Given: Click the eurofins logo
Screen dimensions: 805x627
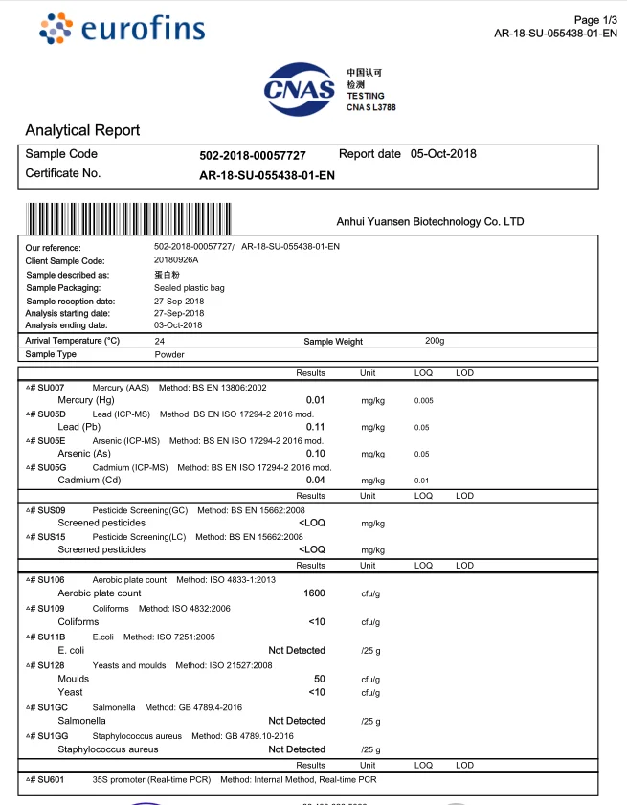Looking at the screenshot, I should pos(122,28).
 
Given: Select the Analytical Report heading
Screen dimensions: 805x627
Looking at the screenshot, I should pos(82,130).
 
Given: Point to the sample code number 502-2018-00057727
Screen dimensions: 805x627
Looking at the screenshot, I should pos(253,155).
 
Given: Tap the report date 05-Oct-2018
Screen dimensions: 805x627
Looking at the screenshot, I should pos(443,154).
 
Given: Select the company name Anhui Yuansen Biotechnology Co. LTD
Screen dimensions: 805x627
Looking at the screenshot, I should pos(431,222).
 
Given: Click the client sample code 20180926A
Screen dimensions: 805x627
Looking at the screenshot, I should pos(176,260).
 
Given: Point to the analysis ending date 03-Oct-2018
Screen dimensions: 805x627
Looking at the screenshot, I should pos(179,325).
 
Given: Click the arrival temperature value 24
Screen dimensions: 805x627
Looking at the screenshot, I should pos(159,341).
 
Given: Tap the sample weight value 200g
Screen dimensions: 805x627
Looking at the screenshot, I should pos(435,341).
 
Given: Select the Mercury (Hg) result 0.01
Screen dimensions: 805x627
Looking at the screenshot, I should pos(315,400).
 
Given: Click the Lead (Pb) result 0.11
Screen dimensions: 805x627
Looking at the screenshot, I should pos(315,427).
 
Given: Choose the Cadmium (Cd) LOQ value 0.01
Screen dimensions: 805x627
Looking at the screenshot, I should pos(422,481).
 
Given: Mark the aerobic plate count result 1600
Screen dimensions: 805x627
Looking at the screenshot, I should pos(314,593).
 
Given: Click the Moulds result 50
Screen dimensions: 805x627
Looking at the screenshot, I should pos(319,679).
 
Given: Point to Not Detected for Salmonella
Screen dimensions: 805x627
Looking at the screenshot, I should pos(297,721).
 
